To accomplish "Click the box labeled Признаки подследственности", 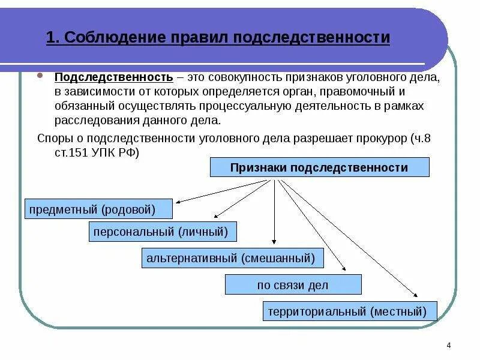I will click(x=319, y=167).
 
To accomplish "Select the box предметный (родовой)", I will click(x=99, y=209).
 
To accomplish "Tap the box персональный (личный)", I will click(x=163, y=231).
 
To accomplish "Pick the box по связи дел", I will click(x=293, y=285).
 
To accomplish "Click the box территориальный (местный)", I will click(x=350, y=311).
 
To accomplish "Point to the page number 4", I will click(x=449, y=344).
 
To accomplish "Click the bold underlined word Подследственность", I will click(x=115, y=79).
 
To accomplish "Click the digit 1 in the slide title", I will click(x=50, y=38).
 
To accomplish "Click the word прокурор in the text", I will click(x=377, y=139).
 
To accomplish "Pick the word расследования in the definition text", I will click(x=88, y=120).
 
